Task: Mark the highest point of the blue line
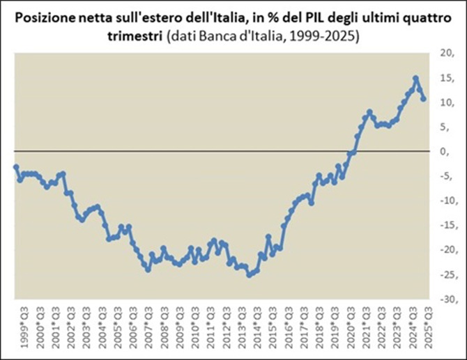(416, 79)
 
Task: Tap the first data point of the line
(16, 166)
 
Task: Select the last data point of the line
(423, 99)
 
